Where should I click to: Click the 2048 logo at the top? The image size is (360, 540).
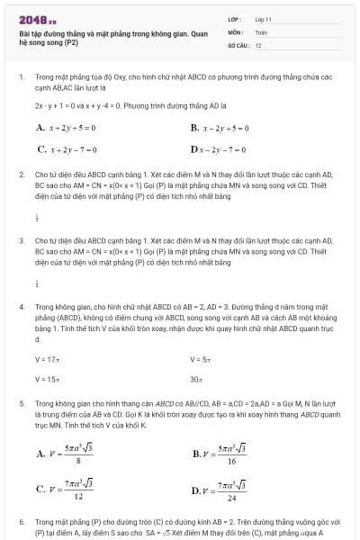coord(37,18)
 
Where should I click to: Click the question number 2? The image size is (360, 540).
coord(22,173)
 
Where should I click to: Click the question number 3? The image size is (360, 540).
coord(22,240)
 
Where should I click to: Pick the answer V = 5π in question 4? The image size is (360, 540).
coord(200,359)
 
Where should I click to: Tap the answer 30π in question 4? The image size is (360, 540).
coord(196,379)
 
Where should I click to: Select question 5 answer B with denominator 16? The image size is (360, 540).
coord(220,454)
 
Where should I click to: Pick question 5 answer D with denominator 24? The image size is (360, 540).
coord(220,490)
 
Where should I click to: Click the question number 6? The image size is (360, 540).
coord(22,521)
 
